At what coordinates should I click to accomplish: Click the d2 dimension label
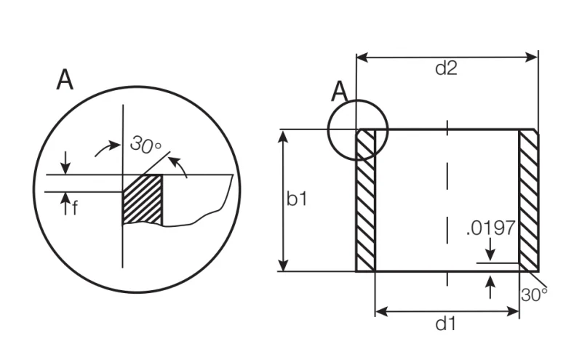[x=446, y=68]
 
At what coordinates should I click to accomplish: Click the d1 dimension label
[x=445, y=324]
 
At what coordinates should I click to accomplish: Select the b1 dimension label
[x=297, y=199]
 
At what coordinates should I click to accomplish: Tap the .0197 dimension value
[x=490, y=228]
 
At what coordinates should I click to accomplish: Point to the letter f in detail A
[x=75, y=208]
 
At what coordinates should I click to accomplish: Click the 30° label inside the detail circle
[x=145, y=145]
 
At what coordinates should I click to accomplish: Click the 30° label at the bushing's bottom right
[x=534, y=295]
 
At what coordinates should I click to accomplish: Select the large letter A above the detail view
[x=65, y=79]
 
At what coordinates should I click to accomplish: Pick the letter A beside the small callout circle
[x=339, y=92]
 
